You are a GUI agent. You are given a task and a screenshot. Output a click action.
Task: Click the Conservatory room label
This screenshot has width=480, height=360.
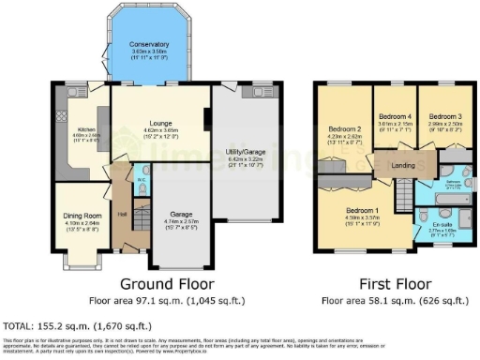150,44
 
